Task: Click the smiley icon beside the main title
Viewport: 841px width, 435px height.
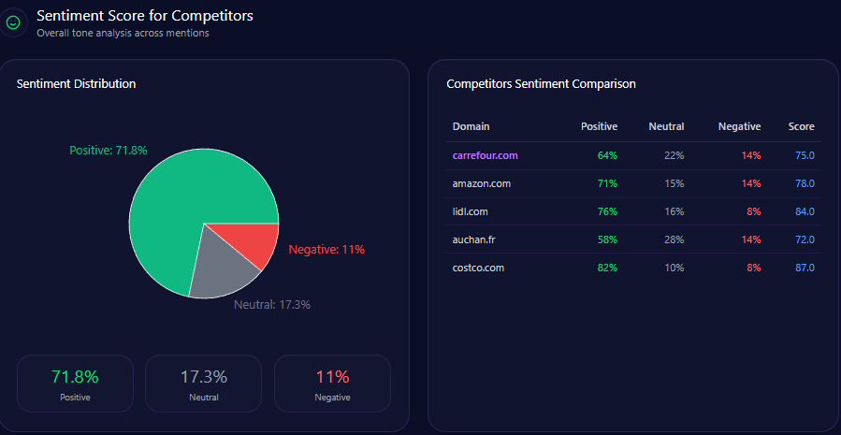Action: coord(13,22)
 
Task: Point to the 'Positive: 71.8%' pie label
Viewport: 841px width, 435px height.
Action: coord(109,150)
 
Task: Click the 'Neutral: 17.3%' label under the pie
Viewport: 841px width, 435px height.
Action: coord(271,304)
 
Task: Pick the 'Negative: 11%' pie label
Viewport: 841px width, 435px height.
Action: coord(326,250)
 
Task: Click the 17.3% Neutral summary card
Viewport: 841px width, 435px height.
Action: coord(204,384)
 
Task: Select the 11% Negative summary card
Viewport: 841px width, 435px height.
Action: coord(332,384)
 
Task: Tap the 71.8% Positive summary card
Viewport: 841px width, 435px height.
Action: coord(75,384)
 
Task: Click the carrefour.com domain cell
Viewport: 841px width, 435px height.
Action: coord(485,155)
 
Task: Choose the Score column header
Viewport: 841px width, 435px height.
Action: coord(801,126)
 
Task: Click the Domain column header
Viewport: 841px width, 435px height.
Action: coord(471,126)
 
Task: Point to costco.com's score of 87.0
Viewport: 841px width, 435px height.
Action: coord(805,268)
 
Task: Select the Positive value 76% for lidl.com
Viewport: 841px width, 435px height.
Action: coord(607,211)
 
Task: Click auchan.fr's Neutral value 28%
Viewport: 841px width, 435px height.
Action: coord(674,239)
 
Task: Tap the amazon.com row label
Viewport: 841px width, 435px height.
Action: coord(481,183)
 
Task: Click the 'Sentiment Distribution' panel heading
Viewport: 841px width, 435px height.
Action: coord(76,84)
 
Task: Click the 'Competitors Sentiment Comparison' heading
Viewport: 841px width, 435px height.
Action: coord(541,84)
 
